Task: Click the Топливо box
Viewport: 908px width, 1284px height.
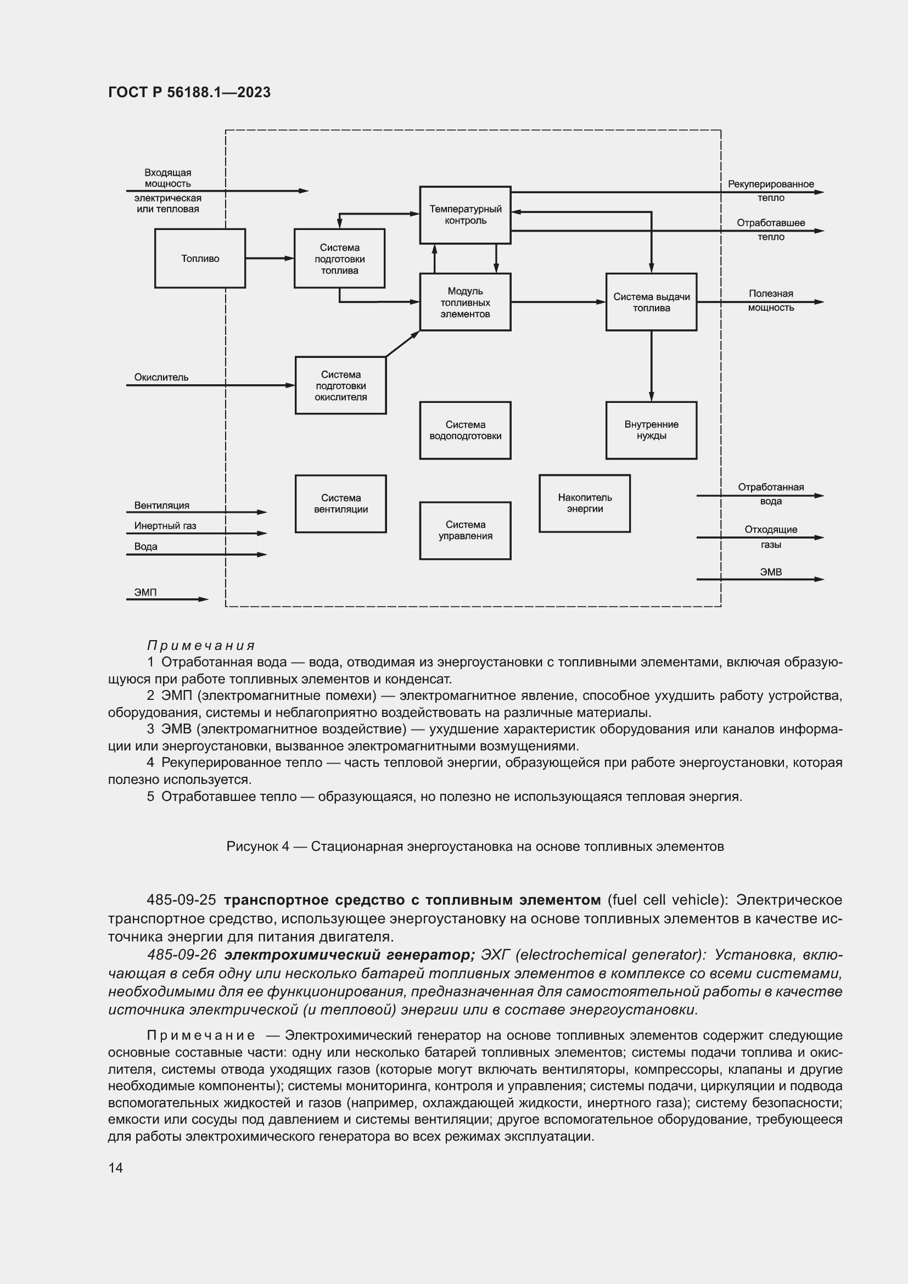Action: coord(200,259)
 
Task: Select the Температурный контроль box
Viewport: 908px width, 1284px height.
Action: coord(464,215)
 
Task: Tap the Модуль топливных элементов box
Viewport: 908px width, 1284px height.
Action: coord(464,302)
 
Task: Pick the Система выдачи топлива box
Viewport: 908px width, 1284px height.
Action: coord(651,302)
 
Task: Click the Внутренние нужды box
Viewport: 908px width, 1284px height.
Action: coord(651,430)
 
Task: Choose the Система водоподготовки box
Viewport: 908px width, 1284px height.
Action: coord(464,430)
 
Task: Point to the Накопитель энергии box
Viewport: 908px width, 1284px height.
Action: coord(584,503)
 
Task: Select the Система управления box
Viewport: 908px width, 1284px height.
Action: coord(464,530)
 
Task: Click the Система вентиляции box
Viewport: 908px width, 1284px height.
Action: coord(340,503)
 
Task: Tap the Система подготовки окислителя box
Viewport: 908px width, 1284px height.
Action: coord(340,385)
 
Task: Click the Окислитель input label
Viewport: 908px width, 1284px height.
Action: coord(161,378)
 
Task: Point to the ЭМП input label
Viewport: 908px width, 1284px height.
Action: coord(145,592)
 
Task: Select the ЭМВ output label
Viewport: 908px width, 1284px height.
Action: coord(770,572)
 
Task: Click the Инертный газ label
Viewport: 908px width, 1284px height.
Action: coord(165,526)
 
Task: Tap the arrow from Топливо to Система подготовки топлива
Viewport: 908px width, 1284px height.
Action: coord(270,259)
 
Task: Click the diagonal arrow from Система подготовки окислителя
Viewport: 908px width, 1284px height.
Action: coord(402,343)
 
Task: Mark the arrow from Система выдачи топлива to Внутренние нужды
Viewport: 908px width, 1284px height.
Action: coord(651,366)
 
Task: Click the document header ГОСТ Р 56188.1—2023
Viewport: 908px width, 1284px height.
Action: coord(189,92)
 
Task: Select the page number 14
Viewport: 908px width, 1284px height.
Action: coord(115,1168)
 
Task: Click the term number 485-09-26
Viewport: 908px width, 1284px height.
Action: coord(181,955)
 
